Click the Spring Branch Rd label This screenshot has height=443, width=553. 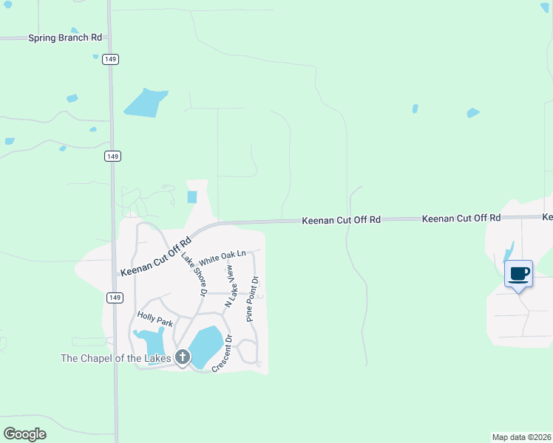tap(65, 38)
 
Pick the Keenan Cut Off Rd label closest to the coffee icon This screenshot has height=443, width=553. tap(461, 219)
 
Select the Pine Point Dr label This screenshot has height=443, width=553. tap(252, 299)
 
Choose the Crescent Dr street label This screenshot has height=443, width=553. tap(222, 354)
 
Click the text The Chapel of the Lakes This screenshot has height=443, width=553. tap(115, 359)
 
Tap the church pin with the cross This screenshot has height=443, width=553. tap(183, 357)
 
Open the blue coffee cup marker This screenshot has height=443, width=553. tap(518, 274)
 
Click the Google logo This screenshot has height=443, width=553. tap(24, 434)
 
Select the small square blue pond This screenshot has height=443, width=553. tap(193, 197)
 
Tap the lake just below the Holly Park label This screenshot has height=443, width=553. tap(152, 341)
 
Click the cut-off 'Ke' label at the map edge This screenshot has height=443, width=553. tap(547, 218)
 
